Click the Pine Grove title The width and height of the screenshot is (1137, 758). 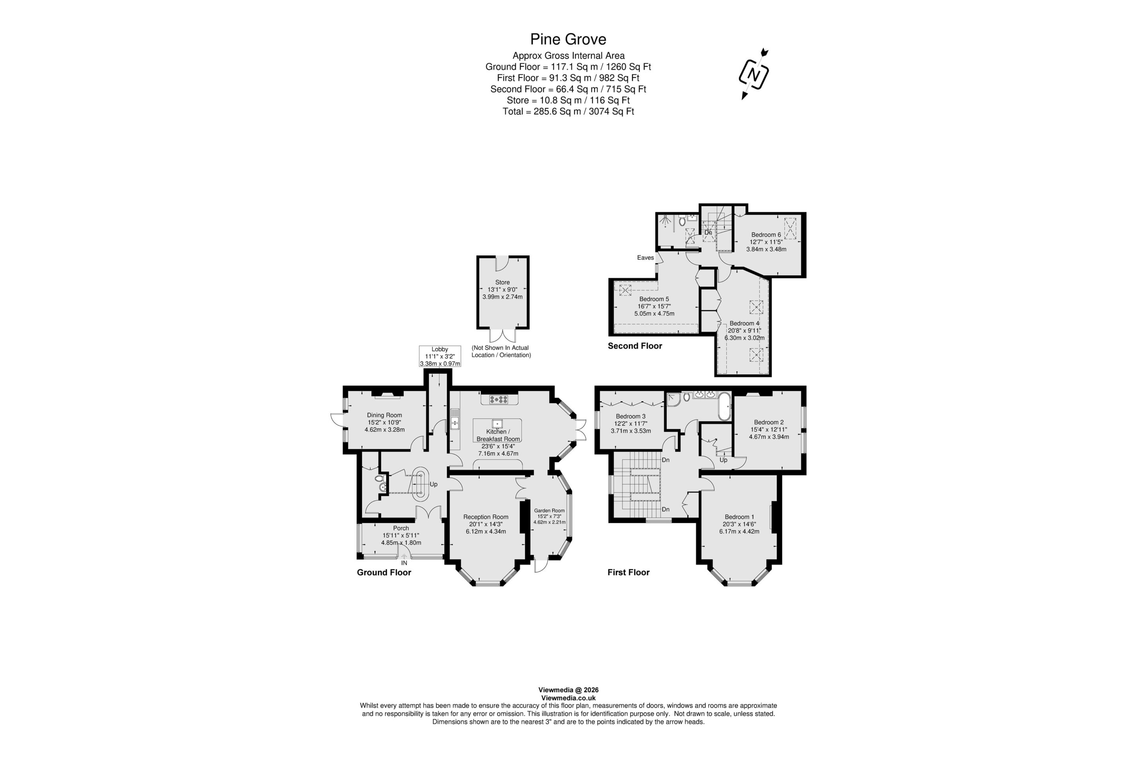coord(568,39)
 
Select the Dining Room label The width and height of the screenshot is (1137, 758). coord(384,415)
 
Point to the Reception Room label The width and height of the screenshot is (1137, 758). coord(486,517)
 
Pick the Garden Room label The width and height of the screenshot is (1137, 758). coord(549,510)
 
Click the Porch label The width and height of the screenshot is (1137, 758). coord(401,528)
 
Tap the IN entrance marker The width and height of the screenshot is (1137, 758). coord(404,563)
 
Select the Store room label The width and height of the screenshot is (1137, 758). coord(502,282)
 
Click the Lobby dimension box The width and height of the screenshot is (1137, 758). coord(440,356)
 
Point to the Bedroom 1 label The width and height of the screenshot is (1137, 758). coord(739,517)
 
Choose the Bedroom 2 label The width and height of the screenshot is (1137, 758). coord(769,422)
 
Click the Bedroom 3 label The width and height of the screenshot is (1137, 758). coord(630,416)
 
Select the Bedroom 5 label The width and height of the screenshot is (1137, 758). coord(654,299)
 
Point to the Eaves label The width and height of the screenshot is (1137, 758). coord(645,258)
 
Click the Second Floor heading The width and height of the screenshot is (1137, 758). coord(635,346)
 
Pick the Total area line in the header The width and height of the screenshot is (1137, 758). coord(568,111)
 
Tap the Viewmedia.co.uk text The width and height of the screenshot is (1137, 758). coord(568,698)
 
